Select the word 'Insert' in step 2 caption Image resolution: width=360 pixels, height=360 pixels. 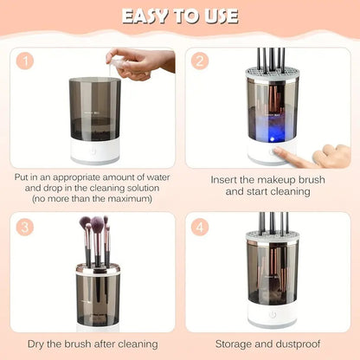pos(228,179)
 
